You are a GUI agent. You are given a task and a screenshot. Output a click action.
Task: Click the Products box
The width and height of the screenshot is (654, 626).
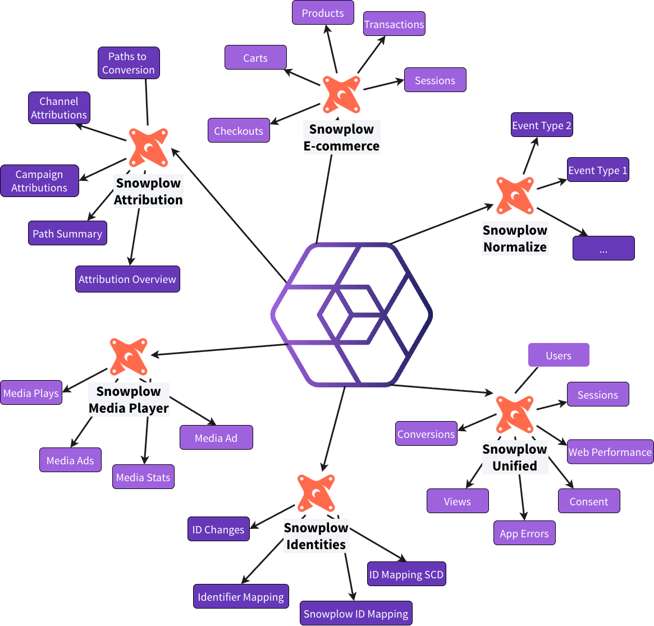point(323,13)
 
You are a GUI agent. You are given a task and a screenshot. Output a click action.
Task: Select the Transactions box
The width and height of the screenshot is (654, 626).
point(394,24)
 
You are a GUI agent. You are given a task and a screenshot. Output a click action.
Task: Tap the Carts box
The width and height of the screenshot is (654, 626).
point(255,58)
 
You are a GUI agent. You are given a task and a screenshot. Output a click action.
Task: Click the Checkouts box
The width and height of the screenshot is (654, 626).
point(239,131)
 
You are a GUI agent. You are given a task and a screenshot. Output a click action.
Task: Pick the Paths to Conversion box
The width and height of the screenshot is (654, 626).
point(129,63)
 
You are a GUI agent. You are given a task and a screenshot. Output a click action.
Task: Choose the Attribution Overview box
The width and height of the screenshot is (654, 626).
point(127,279)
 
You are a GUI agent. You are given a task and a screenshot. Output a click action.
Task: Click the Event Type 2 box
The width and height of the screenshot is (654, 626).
point(542,125)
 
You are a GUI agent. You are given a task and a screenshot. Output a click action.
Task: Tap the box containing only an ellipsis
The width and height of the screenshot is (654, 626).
point(603,248)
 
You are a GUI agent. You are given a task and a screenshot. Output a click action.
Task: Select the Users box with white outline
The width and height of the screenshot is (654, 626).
point(559,355)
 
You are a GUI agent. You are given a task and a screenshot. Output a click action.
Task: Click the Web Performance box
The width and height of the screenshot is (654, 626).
point(610,452)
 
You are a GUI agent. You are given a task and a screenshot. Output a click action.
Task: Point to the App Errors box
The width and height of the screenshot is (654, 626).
point(524,533)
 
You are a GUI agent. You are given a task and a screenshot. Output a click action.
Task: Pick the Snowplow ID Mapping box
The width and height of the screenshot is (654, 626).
point(356,614)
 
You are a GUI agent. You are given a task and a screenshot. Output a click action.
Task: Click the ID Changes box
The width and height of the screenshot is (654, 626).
point(218,529)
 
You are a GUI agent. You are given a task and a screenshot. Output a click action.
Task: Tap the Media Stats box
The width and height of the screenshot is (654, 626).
point(143,477)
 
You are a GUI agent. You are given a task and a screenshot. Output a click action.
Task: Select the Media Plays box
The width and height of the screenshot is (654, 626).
point(31,393)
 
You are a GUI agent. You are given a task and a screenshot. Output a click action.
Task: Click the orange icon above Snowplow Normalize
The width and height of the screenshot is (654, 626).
point(515,195)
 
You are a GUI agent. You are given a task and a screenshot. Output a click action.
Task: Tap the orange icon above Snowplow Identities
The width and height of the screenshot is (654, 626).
point(316,492)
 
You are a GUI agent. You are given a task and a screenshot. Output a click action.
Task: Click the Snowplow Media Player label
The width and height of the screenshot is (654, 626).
point(129,400)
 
